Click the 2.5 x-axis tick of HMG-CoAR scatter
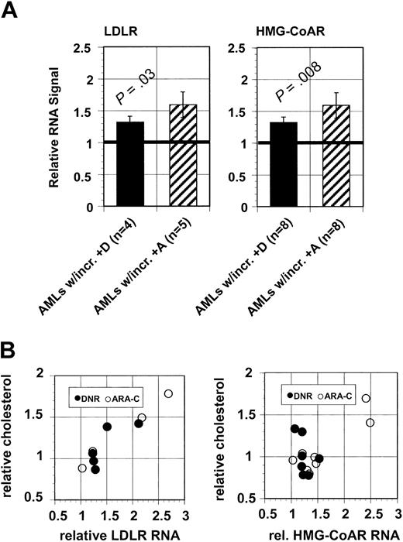(x=370, y=513)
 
